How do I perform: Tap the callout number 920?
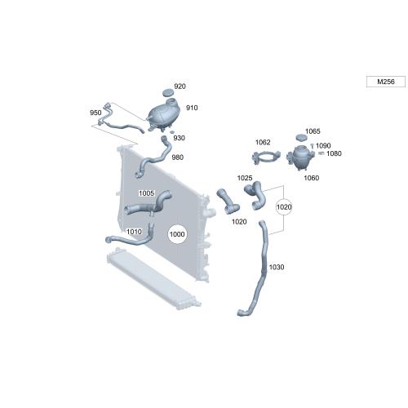coord(180,86)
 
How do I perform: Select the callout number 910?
coord(193,107)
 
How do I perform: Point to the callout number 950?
coord(95,113)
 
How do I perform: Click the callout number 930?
coord(179,138)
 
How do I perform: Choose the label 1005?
coord(146,193)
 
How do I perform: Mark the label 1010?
coord(134,232)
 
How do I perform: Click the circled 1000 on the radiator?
coord(177,235)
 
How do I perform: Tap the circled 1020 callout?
coord(283,207)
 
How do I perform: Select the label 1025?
coord(245,177)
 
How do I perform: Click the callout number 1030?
coord(277,268)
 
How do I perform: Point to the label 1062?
coord(263,142)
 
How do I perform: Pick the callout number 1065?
coord(313,131)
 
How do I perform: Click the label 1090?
coord(323,146)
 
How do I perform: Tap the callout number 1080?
coord(334,153)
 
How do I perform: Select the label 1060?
coord(312,177)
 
